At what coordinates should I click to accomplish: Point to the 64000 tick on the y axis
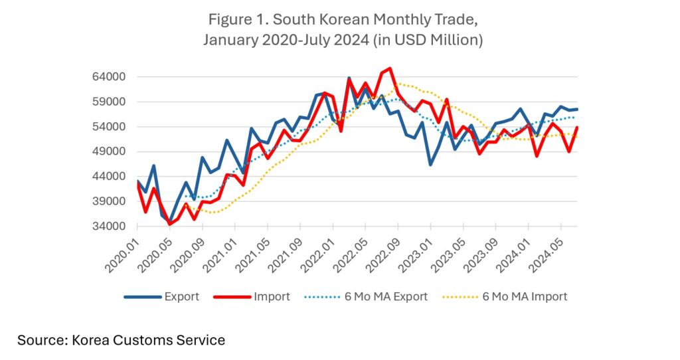tap(108, 77)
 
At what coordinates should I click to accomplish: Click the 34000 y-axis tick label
tap(108, 226)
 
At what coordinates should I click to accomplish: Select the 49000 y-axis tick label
tap(108, 152)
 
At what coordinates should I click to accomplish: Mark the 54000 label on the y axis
tap(108, 127)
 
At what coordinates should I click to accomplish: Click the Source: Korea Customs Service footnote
tap(121, 340)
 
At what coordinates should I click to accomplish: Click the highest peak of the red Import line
tap(390, 68)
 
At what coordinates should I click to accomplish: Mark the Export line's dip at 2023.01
tap(430, 164)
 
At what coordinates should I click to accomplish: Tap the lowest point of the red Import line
tap(169, 225)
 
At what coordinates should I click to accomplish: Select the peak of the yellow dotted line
tap(398, 84)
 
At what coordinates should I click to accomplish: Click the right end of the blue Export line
tap(577, 109)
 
